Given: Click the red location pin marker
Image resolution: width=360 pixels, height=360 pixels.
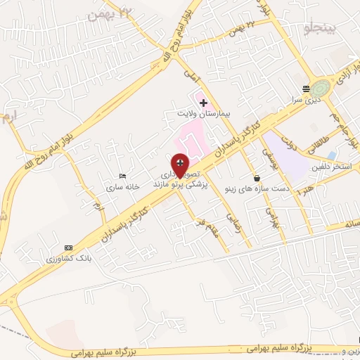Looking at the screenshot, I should click(x=180, y=166).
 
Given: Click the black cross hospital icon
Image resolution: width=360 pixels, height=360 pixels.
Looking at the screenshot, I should click(x=203, y=103).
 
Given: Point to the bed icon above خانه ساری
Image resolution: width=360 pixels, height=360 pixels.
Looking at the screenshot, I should click(x=124, y=176).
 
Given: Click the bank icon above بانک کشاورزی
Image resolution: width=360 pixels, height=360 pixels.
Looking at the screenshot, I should click(x=68, y=247).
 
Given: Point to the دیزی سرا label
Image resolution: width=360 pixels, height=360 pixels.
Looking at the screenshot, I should click(x=305, y=100).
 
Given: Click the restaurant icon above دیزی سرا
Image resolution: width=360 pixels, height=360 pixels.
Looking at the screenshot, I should click(x=305, y=89).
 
